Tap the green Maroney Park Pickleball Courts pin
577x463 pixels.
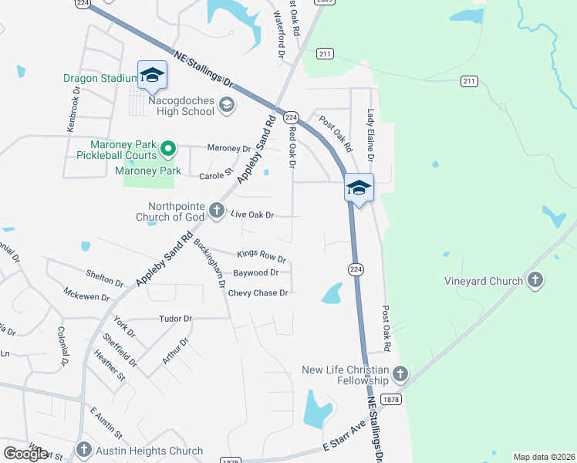pos(165,147)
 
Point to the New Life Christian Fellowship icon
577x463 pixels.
pos(400,375)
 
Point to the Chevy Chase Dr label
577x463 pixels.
pos(258,293)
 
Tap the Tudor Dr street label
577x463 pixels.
pos(175,318)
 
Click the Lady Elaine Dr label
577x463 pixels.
pos(370,136)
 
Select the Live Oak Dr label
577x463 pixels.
pos(253,215)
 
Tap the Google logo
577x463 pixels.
pos(26,454)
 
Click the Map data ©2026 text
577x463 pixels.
pos(543,457)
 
